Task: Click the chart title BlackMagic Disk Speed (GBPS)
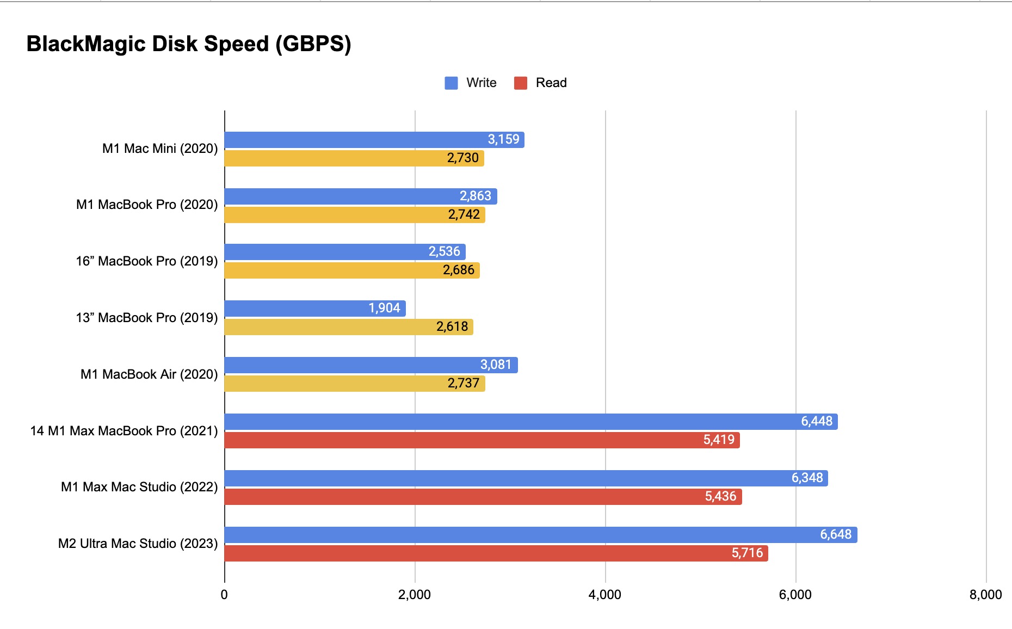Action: (189, 44)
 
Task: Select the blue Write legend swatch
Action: (451, 83)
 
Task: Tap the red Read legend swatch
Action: (521, 83)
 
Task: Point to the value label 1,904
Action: (384, 309)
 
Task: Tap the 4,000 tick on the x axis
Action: (605, 595)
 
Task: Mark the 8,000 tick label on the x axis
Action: (985, 595)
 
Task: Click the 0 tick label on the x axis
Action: (224, 595)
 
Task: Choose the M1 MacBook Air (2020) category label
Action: (149, 374)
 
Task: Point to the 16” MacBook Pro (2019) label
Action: (147, 261)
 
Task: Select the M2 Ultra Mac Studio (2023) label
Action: (138, 544)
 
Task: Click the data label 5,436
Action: (720, 497)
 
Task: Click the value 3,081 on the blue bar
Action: (496, 365)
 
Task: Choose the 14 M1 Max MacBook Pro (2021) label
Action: (124, 431)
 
